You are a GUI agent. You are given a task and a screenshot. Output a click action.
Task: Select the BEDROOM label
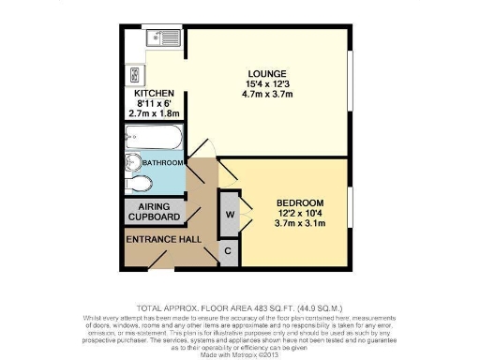(x=299, y=202)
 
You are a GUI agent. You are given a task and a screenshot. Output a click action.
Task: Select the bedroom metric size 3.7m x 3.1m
(x=299, y=224)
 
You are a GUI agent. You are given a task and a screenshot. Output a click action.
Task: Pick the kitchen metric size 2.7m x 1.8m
(x=153, y=113)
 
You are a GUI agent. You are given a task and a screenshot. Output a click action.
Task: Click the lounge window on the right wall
(x=352, y=79)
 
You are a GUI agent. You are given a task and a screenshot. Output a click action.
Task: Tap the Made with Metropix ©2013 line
(x=240, y=352)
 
